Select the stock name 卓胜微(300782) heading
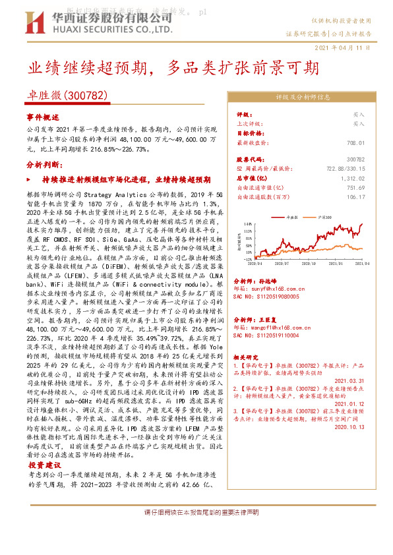67,95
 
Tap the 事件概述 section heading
42,117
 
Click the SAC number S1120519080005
276,297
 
